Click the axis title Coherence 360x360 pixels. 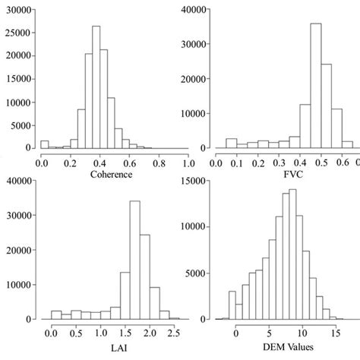point(112,173)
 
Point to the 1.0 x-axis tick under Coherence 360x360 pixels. point(187,162)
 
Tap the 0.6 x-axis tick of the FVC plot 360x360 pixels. point(335,162)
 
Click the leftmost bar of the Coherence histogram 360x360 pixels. point(44,144)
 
